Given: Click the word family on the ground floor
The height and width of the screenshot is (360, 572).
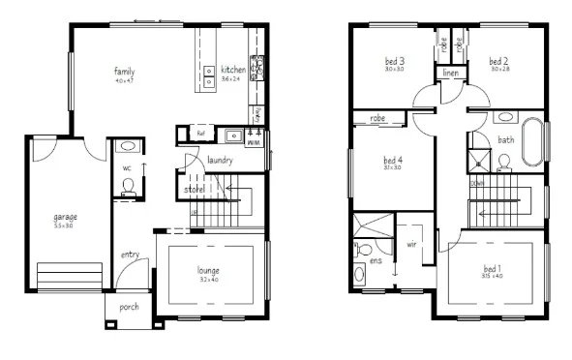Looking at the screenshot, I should pos(124,72).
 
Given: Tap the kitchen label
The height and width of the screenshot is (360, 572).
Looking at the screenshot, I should pos(233,70).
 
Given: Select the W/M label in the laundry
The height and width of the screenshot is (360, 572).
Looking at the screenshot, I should pos(254,141).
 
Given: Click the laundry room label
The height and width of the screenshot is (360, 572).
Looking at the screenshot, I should pos(219,160).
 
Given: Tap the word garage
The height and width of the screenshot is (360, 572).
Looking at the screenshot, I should pos(66,218).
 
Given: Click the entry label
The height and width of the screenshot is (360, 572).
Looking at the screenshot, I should pos(131,255).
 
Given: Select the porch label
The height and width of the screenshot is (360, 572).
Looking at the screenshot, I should pos(129,308).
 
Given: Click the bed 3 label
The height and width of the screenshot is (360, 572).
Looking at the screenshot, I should pos(394,62).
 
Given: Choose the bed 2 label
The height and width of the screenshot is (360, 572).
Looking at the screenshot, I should pos(498,62).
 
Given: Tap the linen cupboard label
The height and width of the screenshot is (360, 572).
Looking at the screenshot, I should pos(450,73).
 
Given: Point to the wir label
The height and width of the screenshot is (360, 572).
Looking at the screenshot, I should pos(411,245).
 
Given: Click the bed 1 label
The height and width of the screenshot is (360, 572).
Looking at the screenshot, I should pos(493,268).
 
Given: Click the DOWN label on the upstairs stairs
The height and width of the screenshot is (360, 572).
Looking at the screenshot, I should pos(478,182).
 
